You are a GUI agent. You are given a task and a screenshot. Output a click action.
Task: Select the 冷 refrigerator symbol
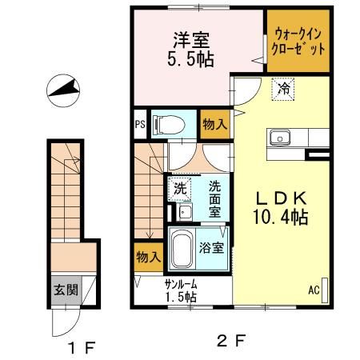(283, 90)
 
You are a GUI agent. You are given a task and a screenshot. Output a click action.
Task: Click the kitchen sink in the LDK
(281, 138)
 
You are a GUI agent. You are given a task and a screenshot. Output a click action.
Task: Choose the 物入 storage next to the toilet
(213, 125)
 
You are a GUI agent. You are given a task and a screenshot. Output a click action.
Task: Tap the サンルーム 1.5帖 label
(181, 290)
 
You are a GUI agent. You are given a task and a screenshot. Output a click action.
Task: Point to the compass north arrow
(65, 90)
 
